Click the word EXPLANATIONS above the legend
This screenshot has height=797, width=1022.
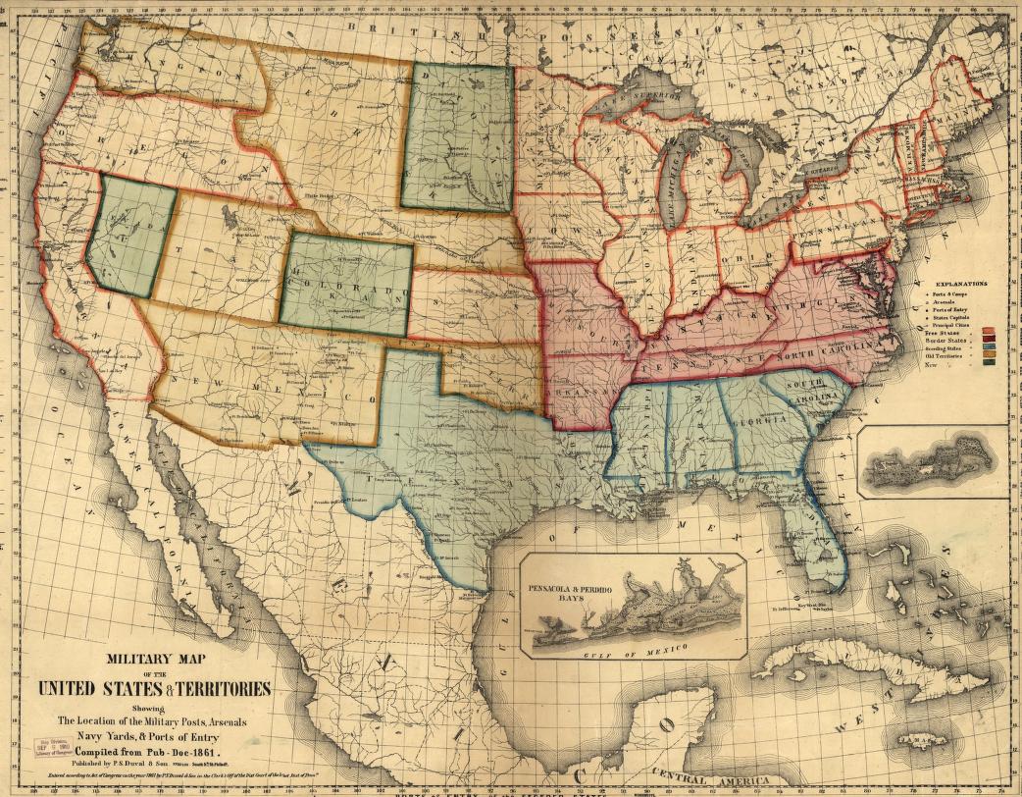tap(961, 284)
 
